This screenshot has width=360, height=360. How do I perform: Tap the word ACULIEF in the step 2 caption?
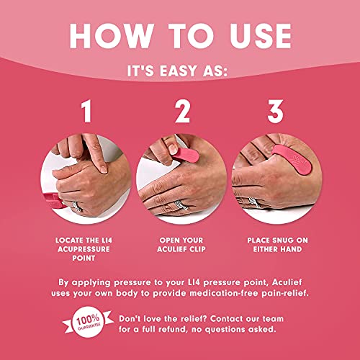point(170,250)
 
